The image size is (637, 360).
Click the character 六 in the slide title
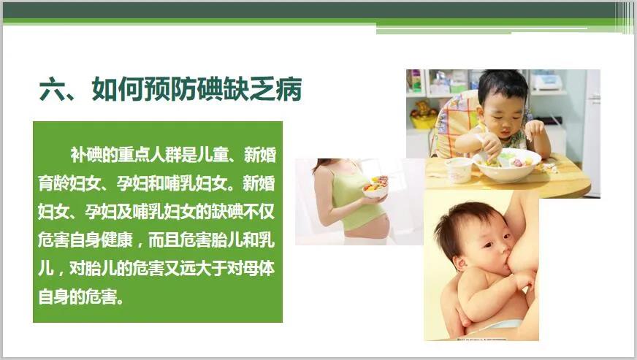53,89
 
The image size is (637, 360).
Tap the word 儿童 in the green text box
212,155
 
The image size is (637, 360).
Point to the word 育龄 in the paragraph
53,183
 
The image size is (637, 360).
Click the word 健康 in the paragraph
117,240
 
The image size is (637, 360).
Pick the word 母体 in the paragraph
259,269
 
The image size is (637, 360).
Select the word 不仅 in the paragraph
259,212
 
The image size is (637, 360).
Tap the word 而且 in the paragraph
164,240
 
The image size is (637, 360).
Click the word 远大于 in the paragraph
203,269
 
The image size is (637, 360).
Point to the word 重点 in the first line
133,155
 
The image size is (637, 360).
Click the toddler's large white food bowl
507,164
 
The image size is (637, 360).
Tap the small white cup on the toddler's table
459,170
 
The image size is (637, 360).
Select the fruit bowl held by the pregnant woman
375,188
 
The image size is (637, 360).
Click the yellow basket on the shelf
423,120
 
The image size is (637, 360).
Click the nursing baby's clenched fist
525,280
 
